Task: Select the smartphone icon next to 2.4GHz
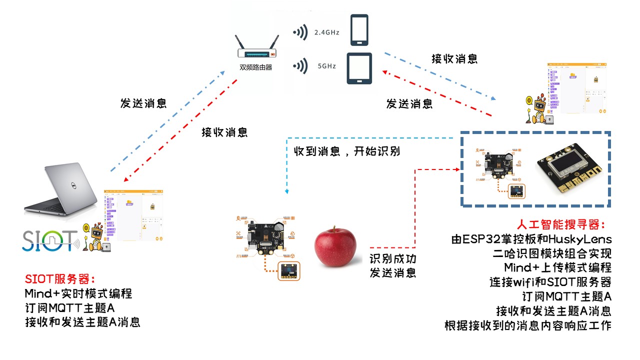click(359, 29)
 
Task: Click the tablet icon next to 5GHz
click(359, 68)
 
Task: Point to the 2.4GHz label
click(327, 32)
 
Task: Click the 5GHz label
click(326, 66)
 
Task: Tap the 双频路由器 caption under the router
click(256, 67)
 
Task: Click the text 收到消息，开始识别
click(346, 151)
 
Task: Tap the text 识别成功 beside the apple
click(393, 259)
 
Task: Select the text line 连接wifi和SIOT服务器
click(550, 282)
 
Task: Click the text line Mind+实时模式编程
click(78, 293)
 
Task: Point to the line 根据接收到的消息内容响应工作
click(527, 326)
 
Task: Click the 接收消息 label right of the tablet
click(454, 58)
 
